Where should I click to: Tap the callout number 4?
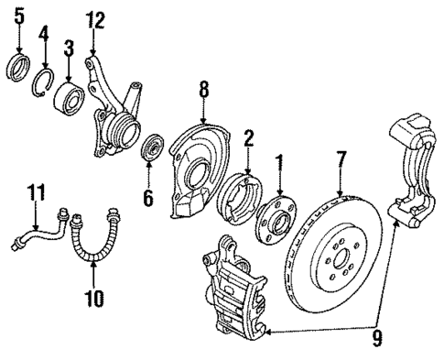[x=42, y=37]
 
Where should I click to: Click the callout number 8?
[x=204, y=89]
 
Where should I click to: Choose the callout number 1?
[x=280, y=164]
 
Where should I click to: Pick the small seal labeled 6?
[x=152, y=147]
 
